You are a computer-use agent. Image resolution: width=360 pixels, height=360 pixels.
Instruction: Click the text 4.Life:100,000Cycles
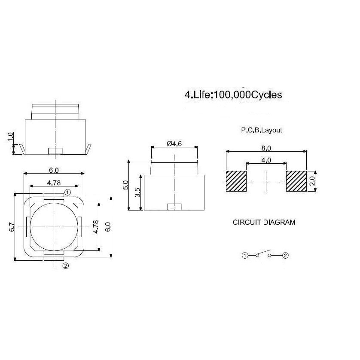(233, 95)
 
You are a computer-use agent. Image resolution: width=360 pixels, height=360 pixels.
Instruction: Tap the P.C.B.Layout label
(262, 130)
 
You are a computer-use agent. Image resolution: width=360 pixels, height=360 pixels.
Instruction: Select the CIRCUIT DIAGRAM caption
(264, 222)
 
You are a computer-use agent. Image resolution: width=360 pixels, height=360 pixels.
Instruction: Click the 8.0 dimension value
(266, 148)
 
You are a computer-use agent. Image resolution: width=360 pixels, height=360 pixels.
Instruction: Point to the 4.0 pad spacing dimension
(266, 160)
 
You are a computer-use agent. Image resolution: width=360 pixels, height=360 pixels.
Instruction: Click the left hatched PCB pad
(236, 181)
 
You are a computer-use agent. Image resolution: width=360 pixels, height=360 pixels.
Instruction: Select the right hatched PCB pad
(296, 181)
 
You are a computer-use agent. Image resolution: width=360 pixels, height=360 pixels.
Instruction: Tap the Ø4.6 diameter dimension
(174, 144)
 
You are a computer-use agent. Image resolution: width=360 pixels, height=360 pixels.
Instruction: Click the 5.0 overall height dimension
(125, 185)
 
